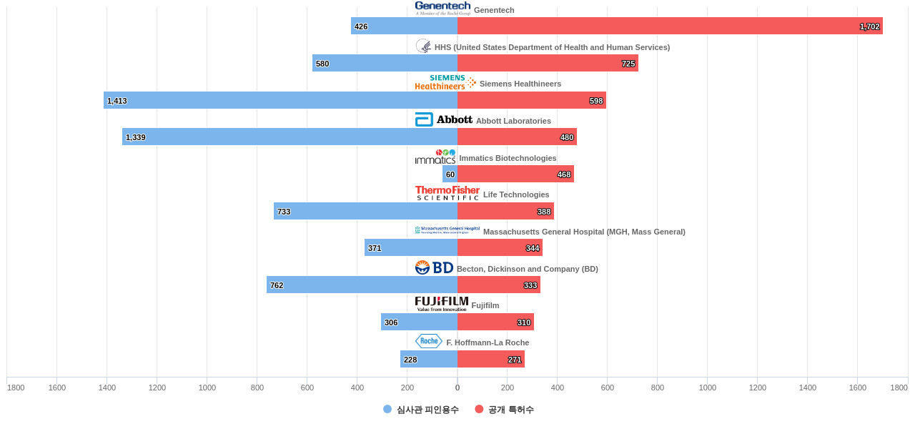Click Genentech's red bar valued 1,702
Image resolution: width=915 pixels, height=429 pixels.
coord(670,26)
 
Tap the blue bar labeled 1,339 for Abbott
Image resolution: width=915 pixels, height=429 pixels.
coord(290,137)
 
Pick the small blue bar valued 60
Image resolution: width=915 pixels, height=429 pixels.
coord(450,174)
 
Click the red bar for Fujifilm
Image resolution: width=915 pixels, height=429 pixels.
coord(495,322)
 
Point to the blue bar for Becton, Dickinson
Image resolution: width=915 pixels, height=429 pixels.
coord(362,285)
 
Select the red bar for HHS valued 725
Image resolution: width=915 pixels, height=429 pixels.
coord(548,63)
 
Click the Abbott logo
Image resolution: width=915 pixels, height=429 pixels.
coord(443,119)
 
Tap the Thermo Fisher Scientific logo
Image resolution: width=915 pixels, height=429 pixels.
coord(447,193)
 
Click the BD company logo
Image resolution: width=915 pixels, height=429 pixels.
coord(434,267)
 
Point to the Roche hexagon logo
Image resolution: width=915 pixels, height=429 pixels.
coord(429,341)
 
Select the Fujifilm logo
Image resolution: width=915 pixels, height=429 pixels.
coord(442,304)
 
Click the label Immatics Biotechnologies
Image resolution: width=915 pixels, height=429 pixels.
coord(508,158)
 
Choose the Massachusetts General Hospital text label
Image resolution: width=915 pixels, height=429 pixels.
coord(584,232)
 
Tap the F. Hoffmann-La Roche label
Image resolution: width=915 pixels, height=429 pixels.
coord(488,342)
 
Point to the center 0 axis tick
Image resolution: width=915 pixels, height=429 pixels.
coord(457,388)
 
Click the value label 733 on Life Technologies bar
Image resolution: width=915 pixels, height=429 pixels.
coord(284,212)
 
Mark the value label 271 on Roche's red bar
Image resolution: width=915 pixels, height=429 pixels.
coord(515,360)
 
